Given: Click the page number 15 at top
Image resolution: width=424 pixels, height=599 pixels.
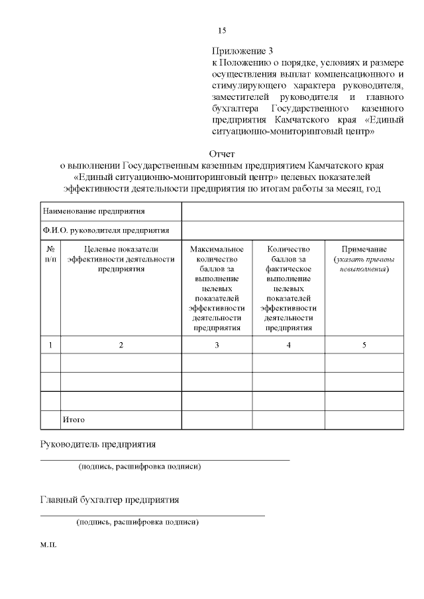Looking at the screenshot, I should click(222, 30).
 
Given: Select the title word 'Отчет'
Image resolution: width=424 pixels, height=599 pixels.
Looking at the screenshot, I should click(222, 154).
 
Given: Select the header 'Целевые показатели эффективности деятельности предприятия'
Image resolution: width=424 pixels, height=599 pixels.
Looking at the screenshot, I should click(121, 259).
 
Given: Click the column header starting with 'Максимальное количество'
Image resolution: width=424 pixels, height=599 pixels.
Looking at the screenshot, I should click(217, 288).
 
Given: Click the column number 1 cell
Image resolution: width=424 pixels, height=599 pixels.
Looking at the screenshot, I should click(50, 345).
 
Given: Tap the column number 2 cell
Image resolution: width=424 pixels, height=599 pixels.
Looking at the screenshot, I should click(121, 345).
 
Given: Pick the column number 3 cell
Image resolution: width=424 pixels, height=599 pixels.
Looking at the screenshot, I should click(217, 345).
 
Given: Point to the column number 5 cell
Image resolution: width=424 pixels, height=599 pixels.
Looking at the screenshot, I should click(364, 345).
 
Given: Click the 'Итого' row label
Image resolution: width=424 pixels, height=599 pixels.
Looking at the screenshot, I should click(74, 420).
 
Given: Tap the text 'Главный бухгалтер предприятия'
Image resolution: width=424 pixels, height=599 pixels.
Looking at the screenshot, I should click(109, 499).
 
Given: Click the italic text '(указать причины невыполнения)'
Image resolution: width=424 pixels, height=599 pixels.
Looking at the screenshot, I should click(364, 264).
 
